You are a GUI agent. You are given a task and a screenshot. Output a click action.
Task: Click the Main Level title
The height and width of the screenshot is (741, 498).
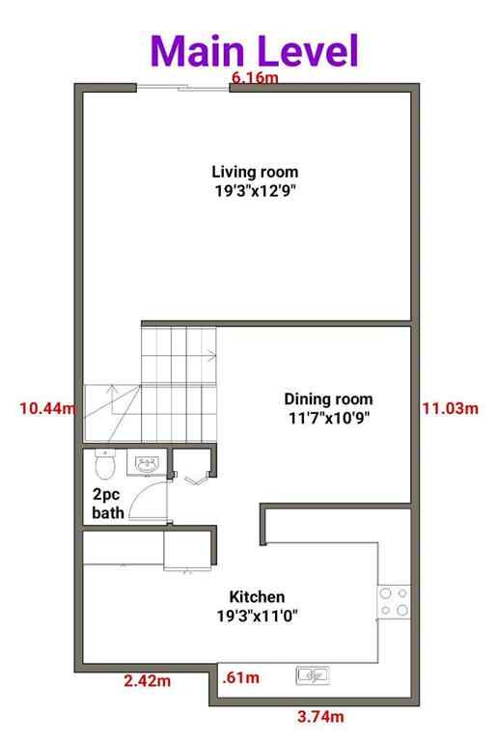(254, 49)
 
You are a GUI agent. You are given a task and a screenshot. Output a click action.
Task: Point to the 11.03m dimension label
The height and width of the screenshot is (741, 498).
(450, 408)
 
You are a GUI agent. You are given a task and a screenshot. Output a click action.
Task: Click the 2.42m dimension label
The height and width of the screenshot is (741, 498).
(148, 682)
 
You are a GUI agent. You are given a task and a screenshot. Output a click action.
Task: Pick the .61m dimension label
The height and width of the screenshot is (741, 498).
(240, 678)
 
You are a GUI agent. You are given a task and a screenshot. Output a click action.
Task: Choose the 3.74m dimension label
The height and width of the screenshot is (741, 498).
(319, 716)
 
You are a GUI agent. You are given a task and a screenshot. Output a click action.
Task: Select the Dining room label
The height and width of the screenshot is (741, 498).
(328, 398)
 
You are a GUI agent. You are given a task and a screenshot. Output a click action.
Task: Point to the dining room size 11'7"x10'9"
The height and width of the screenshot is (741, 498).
(328, 418)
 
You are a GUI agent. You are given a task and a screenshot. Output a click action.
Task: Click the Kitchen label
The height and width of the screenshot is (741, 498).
(256, 596)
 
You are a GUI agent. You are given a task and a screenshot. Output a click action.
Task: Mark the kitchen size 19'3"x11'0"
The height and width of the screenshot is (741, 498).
(256, 616)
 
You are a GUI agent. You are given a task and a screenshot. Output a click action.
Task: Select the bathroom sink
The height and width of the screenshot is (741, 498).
(148, 465)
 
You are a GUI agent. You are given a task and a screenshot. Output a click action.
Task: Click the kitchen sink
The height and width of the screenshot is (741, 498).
(314, 674)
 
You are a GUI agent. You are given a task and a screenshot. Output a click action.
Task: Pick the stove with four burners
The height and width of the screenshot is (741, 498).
(393, 602)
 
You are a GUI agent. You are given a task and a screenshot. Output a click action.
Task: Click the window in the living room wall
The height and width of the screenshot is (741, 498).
(182, 90)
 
